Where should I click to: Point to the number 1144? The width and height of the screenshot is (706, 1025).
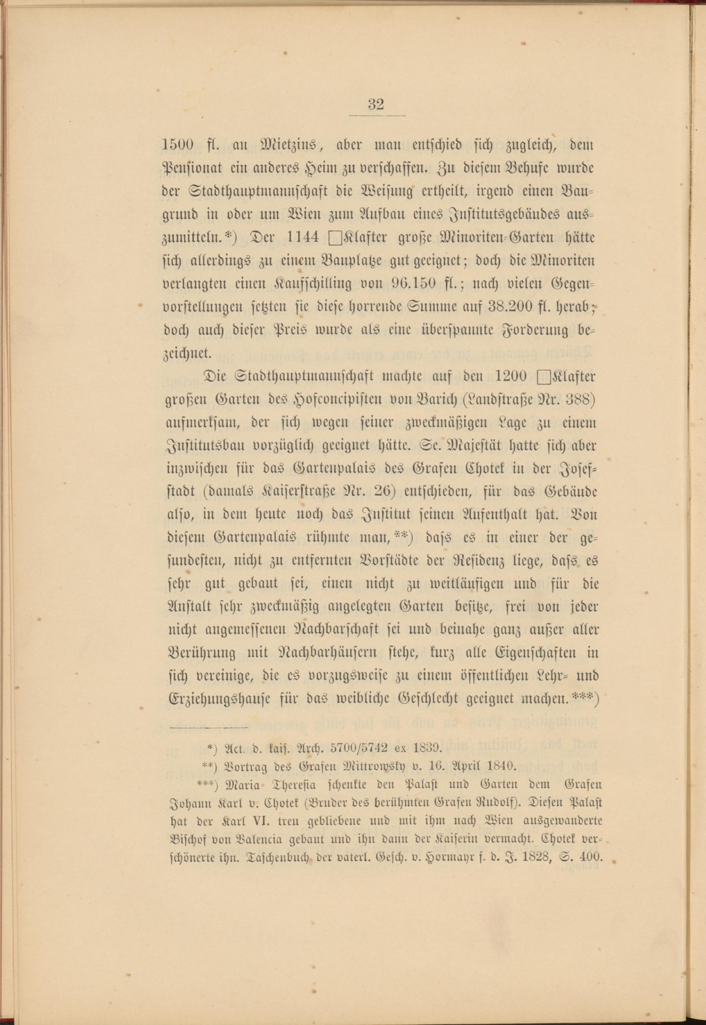click(303, 238)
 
